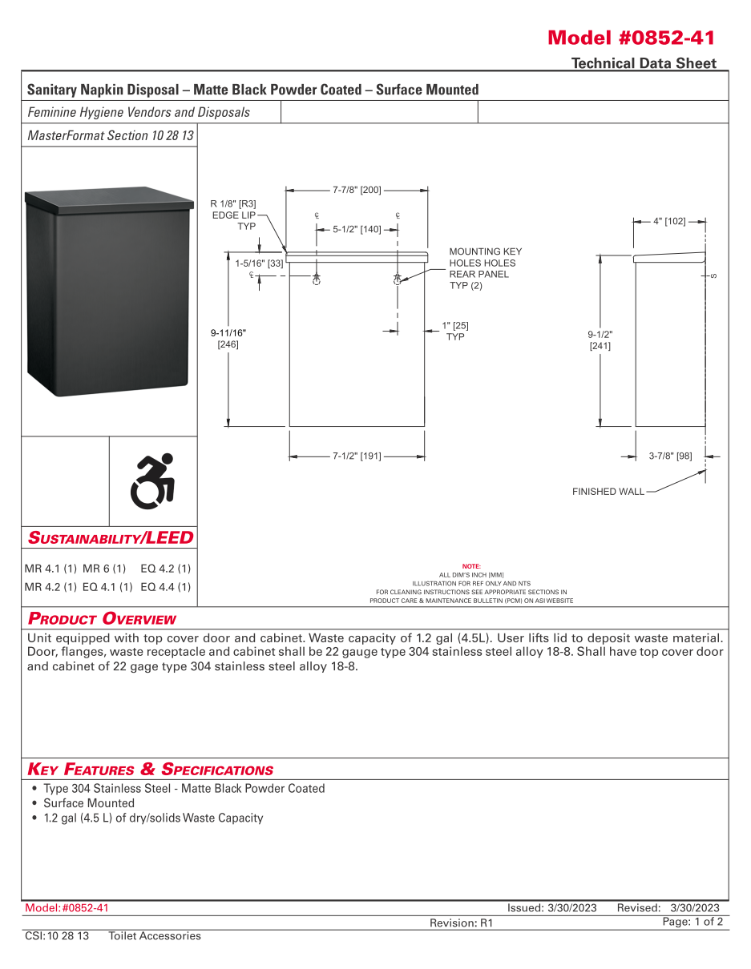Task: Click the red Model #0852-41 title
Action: click(x=631, y=38)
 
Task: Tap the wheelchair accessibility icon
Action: click(x=153, y=481)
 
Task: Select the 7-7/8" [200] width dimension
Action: click(x=357, y=191)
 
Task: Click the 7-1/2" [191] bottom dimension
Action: click(x=357, y=456)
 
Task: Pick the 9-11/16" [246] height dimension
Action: click(x=228, y=338)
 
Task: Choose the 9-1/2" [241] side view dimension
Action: click(x=600, y=340)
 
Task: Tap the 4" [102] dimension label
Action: click(x=669, y=221)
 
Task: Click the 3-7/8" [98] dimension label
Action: click(x=670, y=456)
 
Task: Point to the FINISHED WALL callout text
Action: click(x=608, y=492)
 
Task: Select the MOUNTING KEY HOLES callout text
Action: click(x=485, y=269)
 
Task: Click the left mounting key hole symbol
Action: click(x=317, y=281)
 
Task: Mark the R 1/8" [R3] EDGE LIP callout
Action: click(x=233, y=215)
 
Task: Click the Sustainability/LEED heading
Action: click(x=111, y=537)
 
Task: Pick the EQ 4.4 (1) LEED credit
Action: click(x=166, y=587)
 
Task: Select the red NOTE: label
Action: click(x=471, y=566)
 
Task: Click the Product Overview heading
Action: click(x=102, y=619)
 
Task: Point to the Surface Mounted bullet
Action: click(x=89, y=803)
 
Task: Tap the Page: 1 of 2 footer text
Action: click(x=692, y=922)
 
